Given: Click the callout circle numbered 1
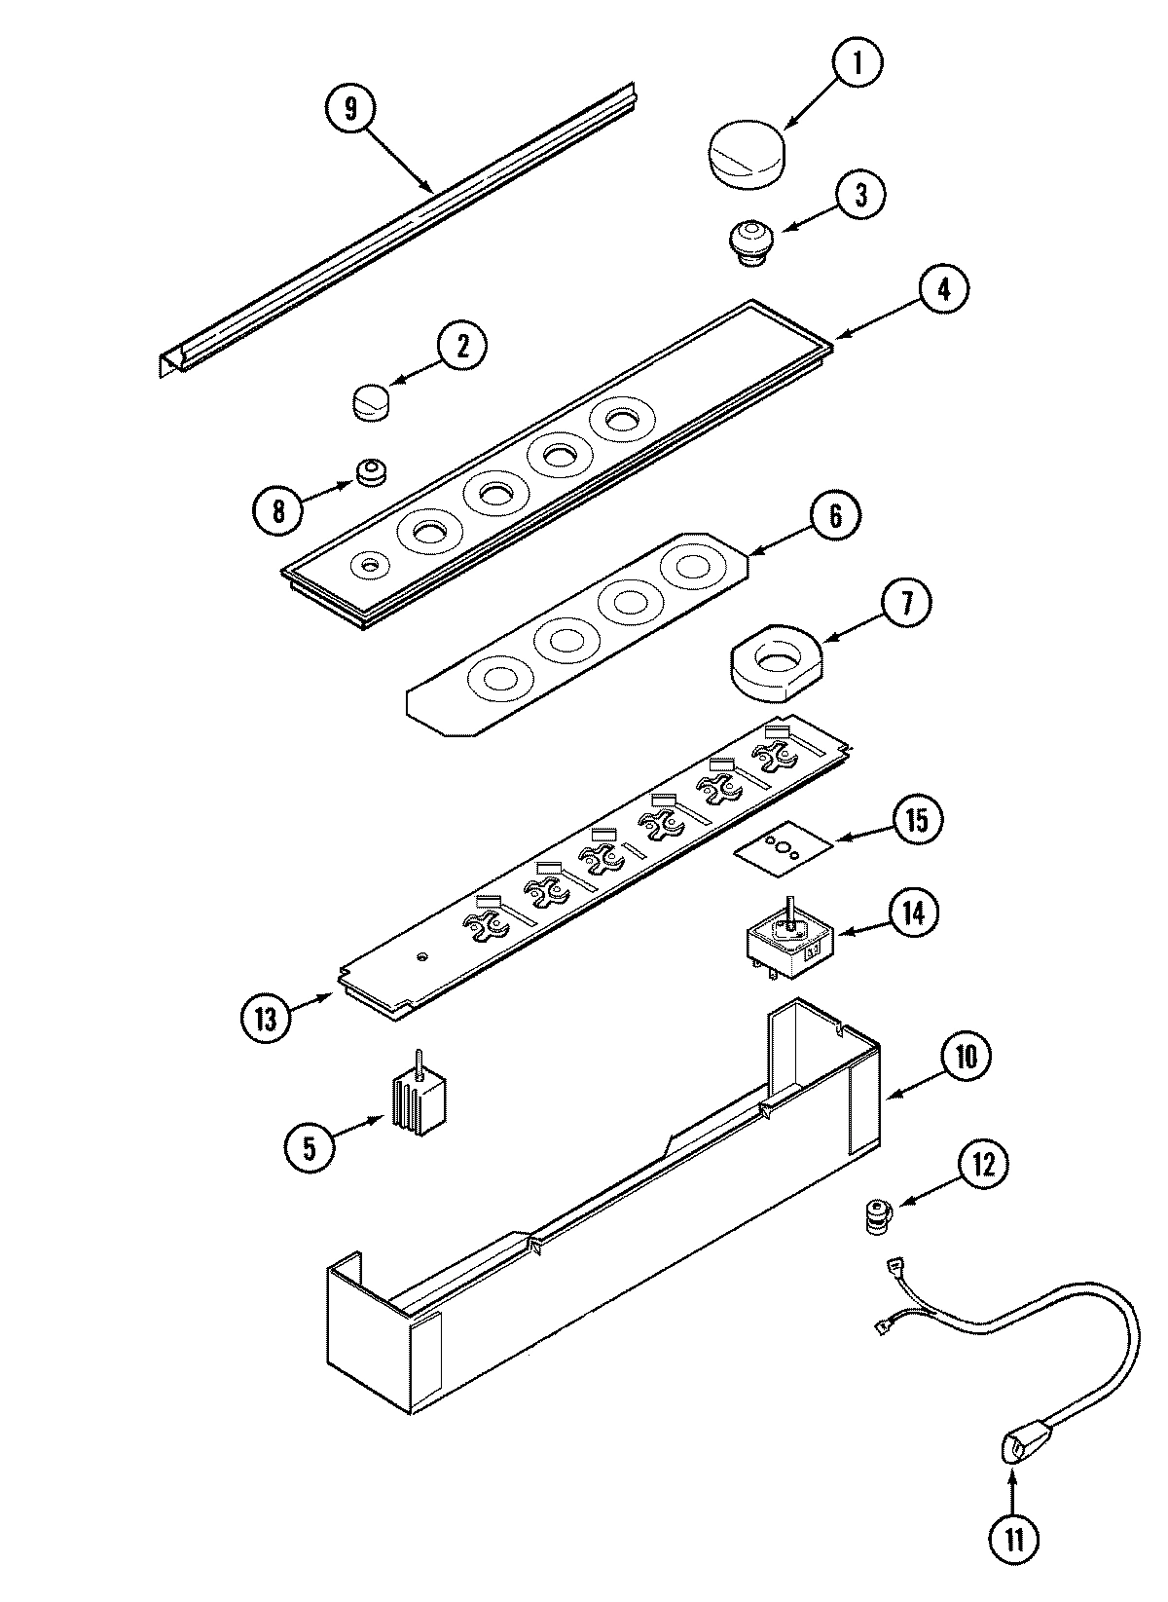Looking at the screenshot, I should (858, 64).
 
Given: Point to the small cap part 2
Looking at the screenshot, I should (370, 400).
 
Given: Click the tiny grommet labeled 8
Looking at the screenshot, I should (369, 473).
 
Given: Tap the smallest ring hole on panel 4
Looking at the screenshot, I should (370, 564).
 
